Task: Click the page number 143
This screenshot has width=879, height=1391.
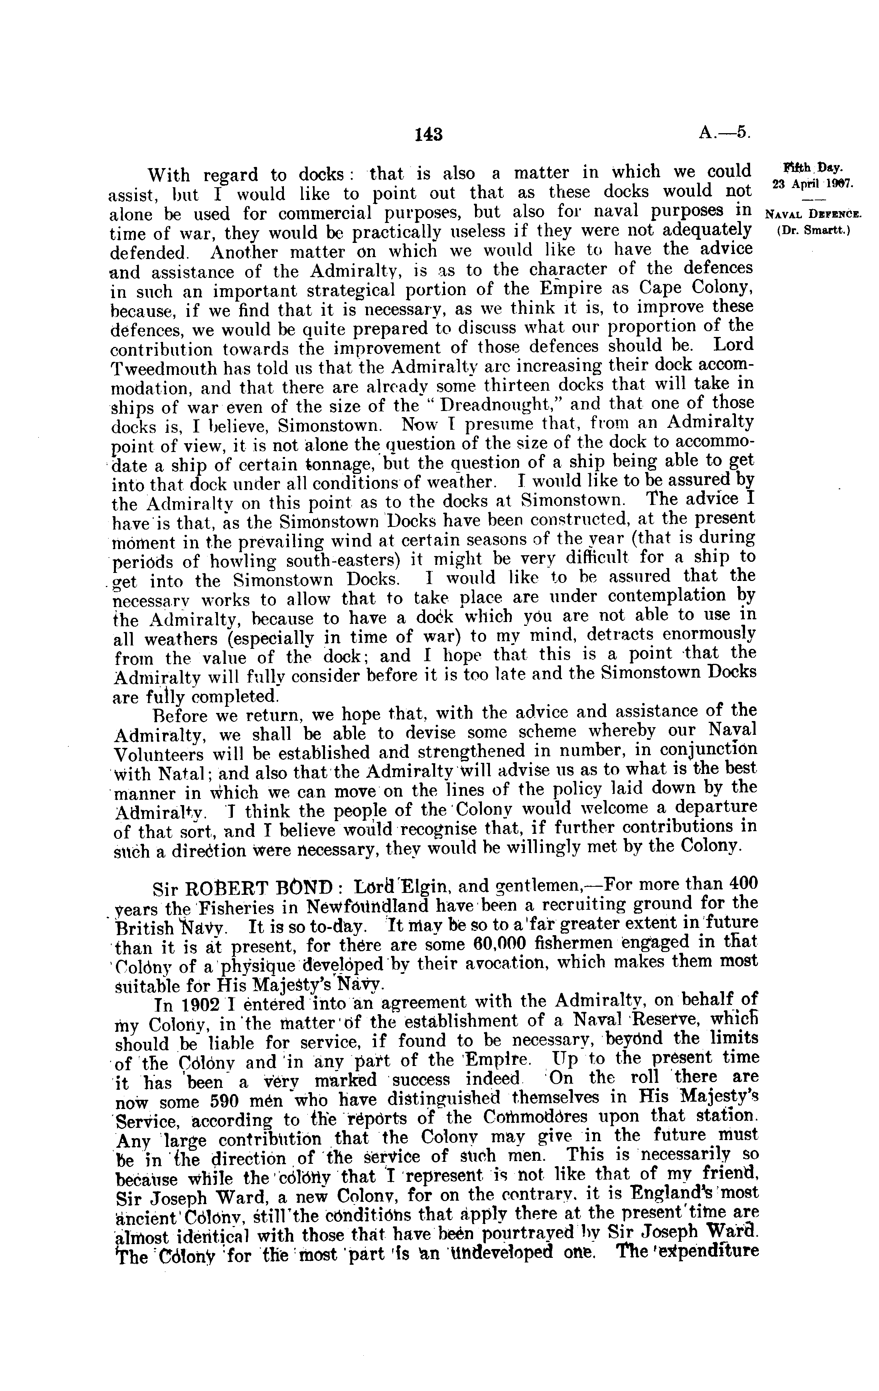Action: tap(429, 135)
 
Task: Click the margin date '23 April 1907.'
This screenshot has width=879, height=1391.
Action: tap(808, 184)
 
